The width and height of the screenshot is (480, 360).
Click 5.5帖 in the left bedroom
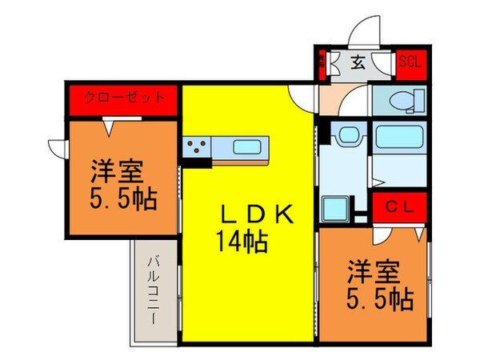[123, 198]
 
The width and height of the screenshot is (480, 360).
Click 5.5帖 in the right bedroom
[382, 300]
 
